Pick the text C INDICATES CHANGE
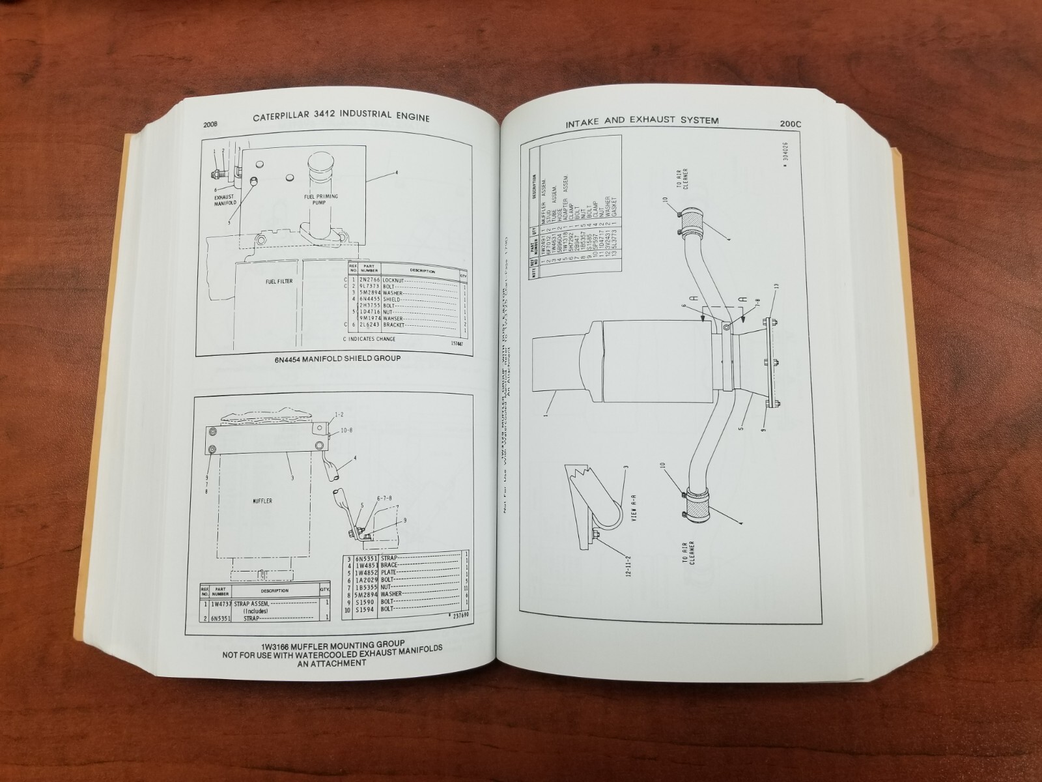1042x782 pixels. (369, 339)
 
